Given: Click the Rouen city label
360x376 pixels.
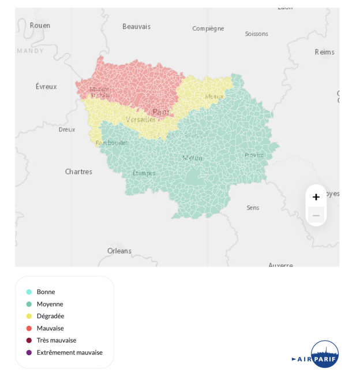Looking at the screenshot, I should pos(40,25).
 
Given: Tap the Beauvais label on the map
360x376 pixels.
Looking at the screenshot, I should pos(136,27).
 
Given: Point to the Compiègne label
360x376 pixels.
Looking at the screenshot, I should pos(208,28).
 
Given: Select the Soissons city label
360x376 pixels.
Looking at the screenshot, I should pos(256,34).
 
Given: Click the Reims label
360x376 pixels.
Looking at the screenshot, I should pos(324,52).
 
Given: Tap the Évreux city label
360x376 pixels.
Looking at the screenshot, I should pos(46,87).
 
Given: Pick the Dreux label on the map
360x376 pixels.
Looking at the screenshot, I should pos(67,129).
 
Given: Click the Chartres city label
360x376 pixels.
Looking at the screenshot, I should pos(78,172).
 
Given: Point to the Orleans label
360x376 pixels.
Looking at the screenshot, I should pos(119,251).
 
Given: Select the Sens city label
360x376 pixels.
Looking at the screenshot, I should pos(253,208).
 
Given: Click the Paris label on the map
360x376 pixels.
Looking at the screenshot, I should pos(161,112).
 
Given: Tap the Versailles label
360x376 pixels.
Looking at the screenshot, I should pos(141,120).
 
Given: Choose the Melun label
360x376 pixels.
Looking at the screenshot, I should pos(193,158).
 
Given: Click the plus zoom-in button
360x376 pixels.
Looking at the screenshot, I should pos(316,197).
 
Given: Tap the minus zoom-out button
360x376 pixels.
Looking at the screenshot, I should pos(316,215).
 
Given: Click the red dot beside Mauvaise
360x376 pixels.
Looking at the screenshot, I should pos(29,328).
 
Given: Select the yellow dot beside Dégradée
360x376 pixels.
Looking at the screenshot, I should pos(29,316).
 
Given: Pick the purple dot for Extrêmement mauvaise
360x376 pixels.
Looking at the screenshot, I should pos(29,352).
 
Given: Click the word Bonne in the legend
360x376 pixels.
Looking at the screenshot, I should pos(46,292).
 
